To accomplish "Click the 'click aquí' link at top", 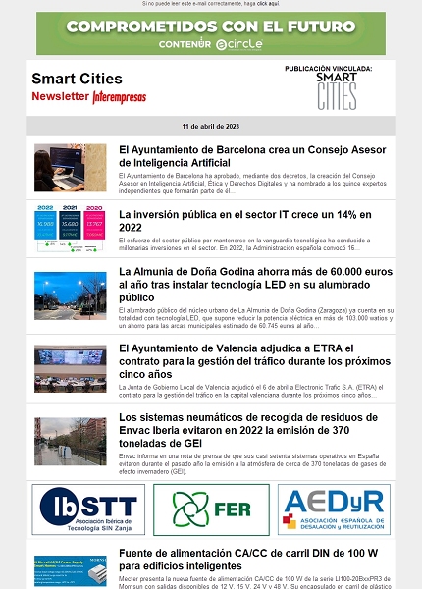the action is coord(268,4).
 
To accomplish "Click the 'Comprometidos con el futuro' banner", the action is coord(210,33).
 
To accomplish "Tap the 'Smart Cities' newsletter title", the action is coord(77,79).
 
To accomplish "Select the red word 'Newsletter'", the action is coord(60,97).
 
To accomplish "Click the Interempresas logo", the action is coord(120,97).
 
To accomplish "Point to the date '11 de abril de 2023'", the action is coord(210,127).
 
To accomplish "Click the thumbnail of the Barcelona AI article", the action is coord(71,168).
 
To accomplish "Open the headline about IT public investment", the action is coord(245,220).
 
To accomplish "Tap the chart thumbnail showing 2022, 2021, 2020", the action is coord(71,229).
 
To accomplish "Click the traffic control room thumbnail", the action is coord(71,368).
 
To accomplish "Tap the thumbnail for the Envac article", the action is coord(71,441).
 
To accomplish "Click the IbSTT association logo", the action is coord(87,509).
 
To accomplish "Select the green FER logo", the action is coord(210,509).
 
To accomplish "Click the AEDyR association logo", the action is coord(333,509).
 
